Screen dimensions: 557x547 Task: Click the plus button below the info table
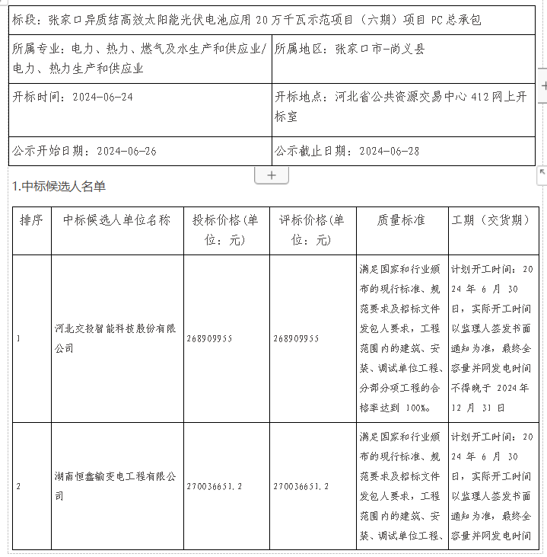pos(272,175)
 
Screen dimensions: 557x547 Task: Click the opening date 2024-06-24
pos(103,98)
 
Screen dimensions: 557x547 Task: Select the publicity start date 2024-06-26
pos(127,151)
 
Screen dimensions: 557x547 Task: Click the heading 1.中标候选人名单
pos(59,187)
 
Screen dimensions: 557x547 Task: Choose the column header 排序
pos(31,220)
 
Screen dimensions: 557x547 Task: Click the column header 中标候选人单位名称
pos(117,220)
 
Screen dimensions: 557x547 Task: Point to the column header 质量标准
pos(401,220)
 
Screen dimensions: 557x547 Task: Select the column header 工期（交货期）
pos(491,220)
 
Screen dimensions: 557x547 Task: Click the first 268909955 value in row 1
pos(208,338)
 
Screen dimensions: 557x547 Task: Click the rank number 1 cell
pos(18,338)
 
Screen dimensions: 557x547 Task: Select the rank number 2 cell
pos(18,486)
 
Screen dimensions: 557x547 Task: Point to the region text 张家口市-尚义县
pos(380,50)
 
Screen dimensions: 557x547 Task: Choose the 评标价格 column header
pos(312,229)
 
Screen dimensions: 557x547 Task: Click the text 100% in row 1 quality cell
pos(418,408)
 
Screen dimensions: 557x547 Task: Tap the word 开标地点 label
pos(301,98)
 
